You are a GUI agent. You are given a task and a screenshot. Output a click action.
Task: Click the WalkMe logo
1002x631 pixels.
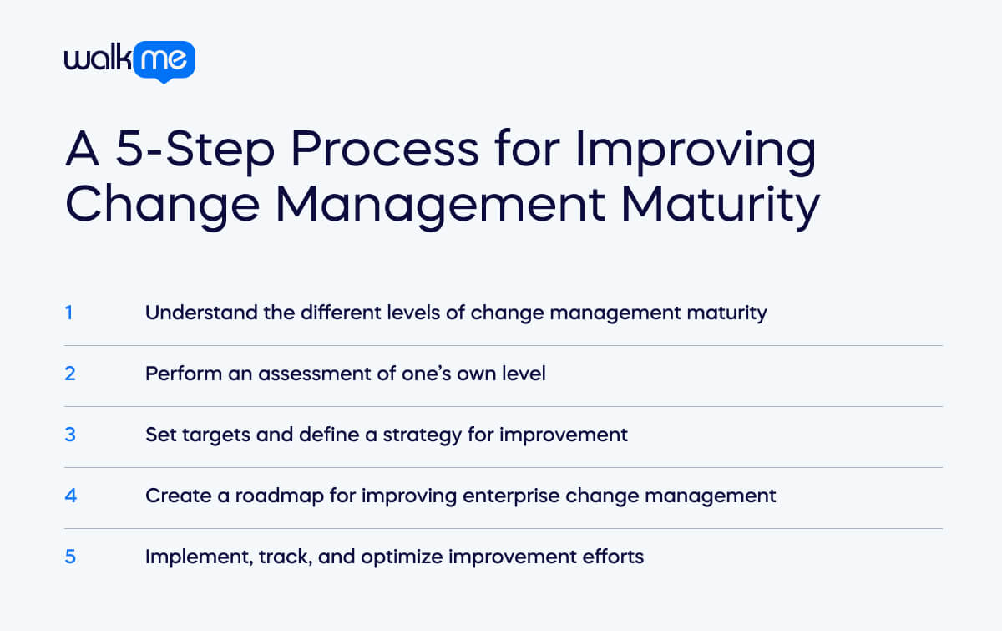click(129, 61)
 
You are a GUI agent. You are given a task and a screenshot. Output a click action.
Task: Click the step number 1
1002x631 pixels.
click(69, 313)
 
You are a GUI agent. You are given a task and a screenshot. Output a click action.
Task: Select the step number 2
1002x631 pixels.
click(70, 374)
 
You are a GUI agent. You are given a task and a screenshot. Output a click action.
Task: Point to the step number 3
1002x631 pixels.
click(70, 435)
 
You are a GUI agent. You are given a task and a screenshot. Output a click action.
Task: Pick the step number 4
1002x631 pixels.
click(70, 496)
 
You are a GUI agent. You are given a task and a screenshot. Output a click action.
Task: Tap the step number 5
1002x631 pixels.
click(70, 557)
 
